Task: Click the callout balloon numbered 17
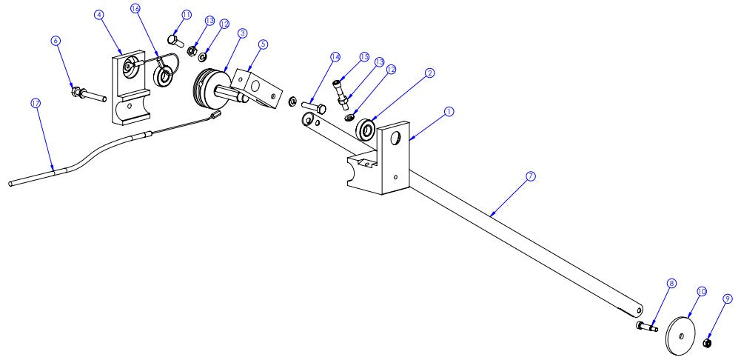[x=35, y=104]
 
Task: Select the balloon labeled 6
[x=56, y=41]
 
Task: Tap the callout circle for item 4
[x=100, y=14]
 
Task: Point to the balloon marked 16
[x=135, y=8]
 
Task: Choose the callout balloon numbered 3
[x=242, y=33]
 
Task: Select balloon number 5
[x=262, y=44]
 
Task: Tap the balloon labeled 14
[x=335, y=56]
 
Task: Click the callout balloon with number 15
[x=363, y=57]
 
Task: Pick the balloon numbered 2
[x=429, y=73]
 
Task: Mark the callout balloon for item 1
[x=448, y=111]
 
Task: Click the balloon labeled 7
[x=530, y=176]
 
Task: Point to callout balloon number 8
[x=671, y=283]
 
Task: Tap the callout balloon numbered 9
[x=728, y=299]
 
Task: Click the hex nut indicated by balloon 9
[x=707, y=344]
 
